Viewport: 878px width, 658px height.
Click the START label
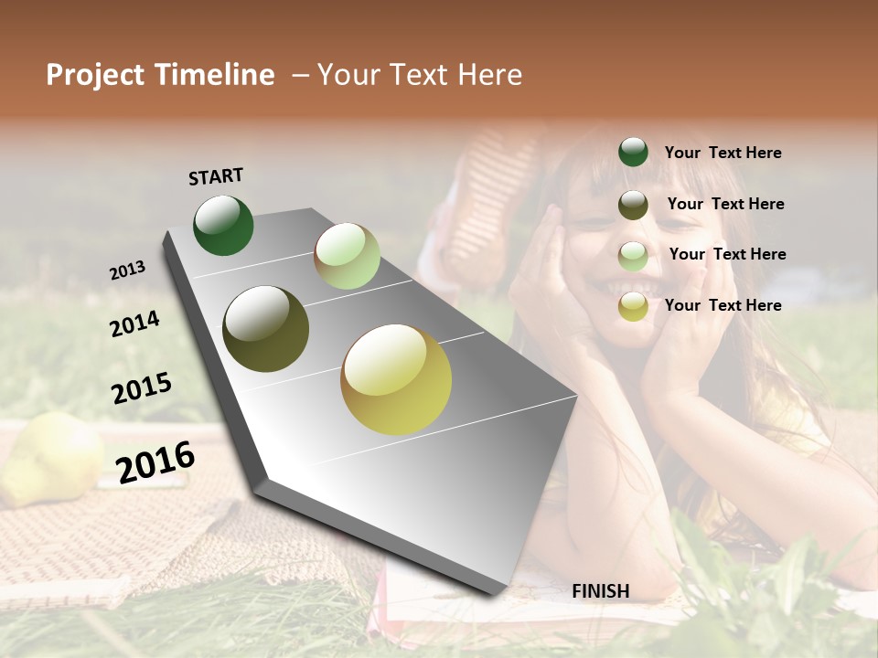(216, 176)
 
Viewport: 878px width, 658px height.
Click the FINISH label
(600, 591)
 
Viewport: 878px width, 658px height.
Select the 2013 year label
(128, 271)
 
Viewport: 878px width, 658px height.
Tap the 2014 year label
(134, 324)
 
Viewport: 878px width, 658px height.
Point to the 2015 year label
(142, 388)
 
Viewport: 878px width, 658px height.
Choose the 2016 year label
(155, 462)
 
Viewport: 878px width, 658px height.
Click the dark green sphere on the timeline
(223, 226)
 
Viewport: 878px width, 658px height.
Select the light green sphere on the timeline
(347, 256)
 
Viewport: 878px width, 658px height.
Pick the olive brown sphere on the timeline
(266, 329)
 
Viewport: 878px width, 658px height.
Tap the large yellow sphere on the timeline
(396, 379)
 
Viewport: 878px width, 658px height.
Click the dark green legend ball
(633, 152)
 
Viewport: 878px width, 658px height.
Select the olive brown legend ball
(633, 205)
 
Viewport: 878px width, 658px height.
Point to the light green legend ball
(633, 256)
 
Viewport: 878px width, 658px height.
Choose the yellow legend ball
(633, 306)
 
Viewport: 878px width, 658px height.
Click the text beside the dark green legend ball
(723, 153)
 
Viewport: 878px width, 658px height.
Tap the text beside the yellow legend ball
(723, 305)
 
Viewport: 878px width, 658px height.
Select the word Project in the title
(96, 75)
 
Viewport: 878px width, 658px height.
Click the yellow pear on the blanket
(50, 457)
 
